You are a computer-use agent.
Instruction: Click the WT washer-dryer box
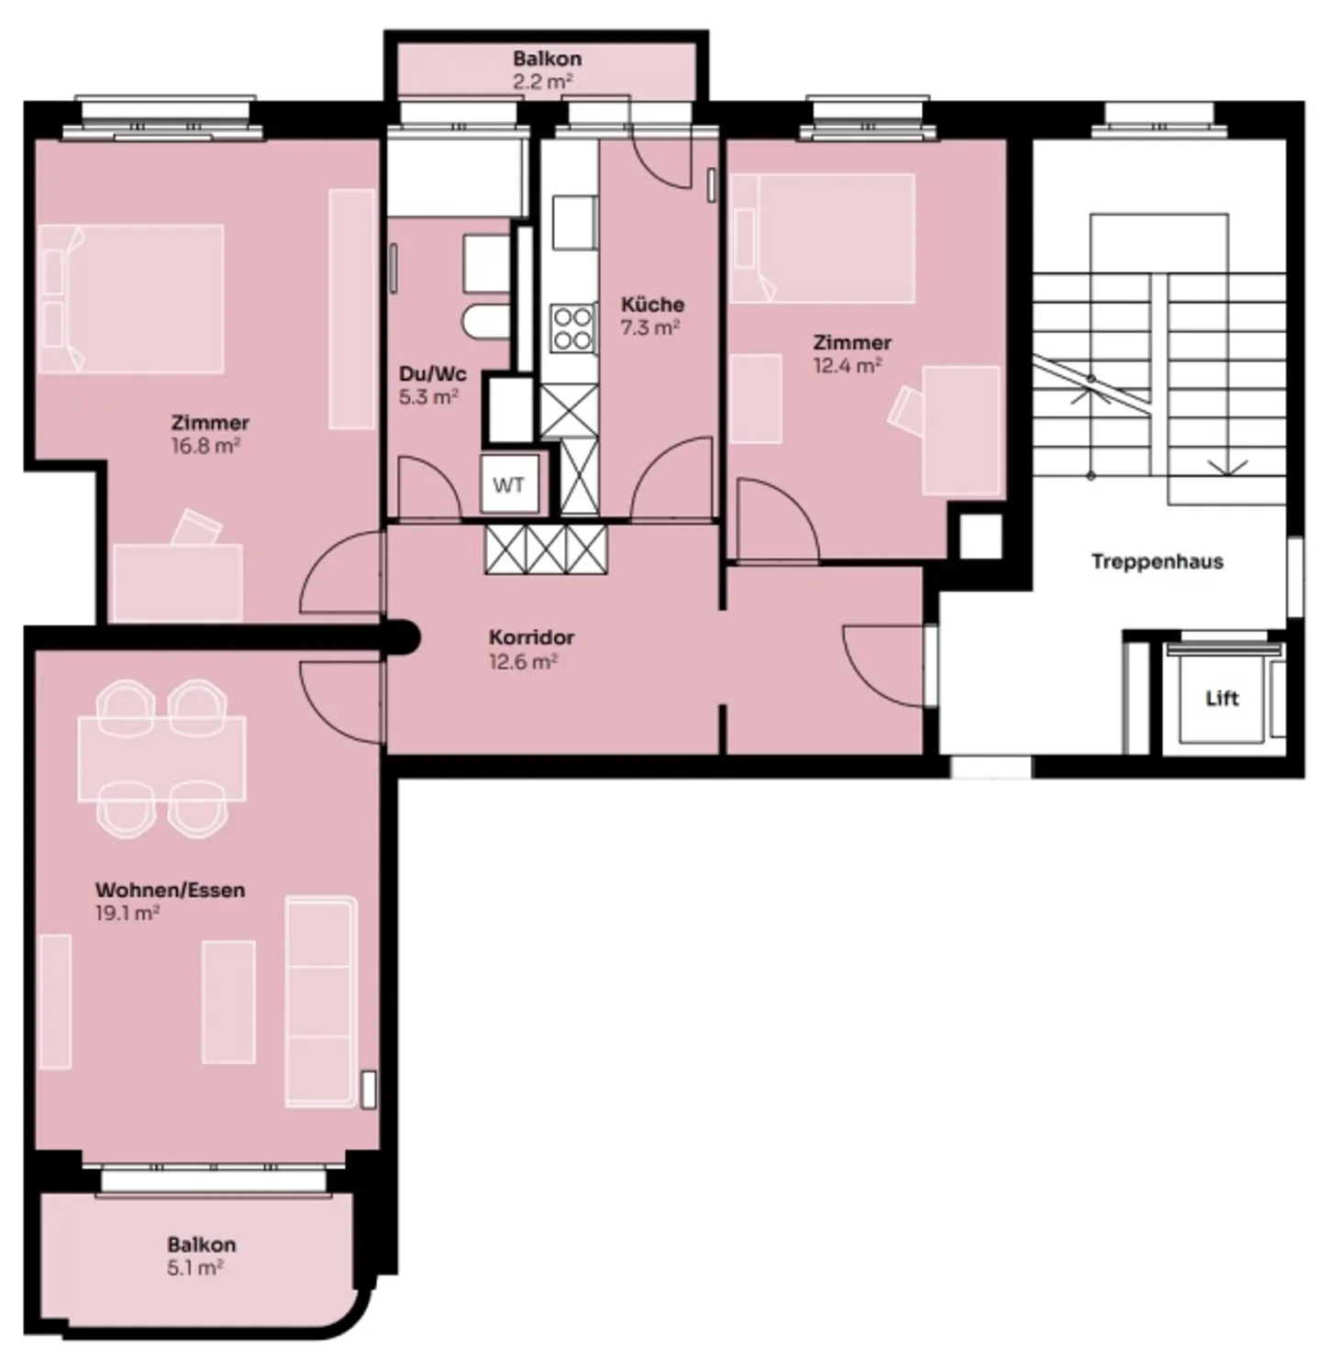tap(508, 484)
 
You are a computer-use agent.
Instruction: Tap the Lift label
tap(1221, 699)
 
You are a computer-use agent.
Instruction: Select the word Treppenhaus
tap(1157, 561)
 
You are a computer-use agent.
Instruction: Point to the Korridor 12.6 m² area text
tap(523, 661)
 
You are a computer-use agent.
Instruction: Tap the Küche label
tap(652, 305)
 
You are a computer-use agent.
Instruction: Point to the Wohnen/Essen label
tap(170, 890)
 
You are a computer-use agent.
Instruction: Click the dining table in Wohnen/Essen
tap(162, 759)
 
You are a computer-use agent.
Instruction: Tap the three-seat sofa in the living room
tap(320, 1001)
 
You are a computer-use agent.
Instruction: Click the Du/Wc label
tap(432, 374)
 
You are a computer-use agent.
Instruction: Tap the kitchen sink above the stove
tap(574, 222)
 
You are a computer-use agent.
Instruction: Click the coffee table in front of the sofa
tap(228, 1002)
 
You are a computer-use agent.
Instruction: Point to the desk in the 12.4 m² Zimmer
tap(960, 430)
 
